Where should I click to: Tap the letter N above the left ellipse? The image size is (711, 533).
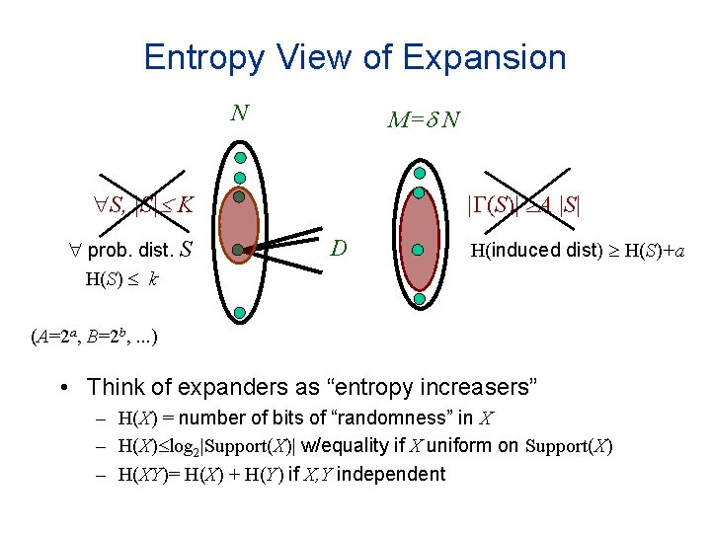(x=239, y=112)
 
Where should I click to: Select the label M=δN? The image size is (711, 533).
(x=423, y=120)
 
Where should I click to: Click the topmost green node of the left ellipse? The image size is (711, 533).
(x=240, y=157)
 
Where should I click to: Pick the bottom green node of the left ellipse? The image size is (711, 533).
(x=240, y=314)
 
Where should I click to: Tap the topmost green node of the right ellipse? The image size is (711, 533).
(x=419, y=172)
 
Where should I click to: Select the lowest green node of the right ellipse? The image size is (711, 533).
(x=419, y=298)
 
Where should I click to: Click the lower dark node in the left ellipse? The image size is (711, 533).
(x=238, y=251)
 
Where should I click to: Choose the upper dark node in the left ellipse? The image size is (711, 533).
(x=238, y=197)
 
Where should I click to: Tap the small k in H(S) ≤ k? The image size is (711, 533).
(x=154, y=280)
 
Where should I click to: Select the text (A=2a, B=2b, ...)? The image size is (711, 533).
(x=93, y=337)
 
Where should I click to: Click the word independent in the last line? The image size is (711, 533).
(x=391, y=474)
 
